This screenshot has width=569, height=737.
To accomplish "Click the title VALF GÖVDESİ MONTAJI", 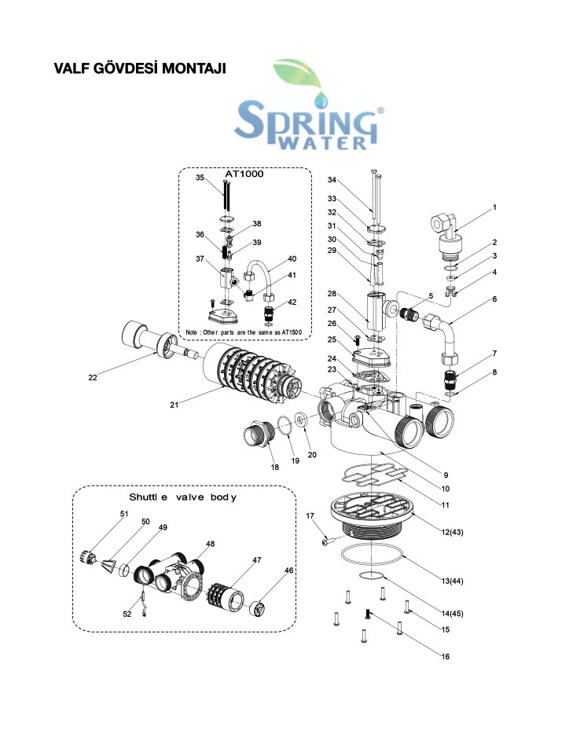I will point(139,68).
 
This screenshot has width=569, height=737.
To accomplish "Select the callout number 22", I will point(92,378).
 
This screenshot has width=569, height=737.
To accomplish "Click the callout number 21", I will point(175,405).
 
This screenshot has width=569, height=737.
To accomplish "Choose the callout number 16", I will point(446,656).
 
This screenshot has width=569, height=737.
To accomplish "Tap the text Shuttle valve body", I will point(182,497).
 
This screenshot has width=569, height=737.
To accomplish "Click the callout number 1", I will point(494,207).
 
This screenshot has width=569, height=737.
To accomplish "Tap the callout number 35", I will point(200,178).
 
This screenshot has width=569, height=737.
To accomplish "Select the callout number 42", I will point(292,302).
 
